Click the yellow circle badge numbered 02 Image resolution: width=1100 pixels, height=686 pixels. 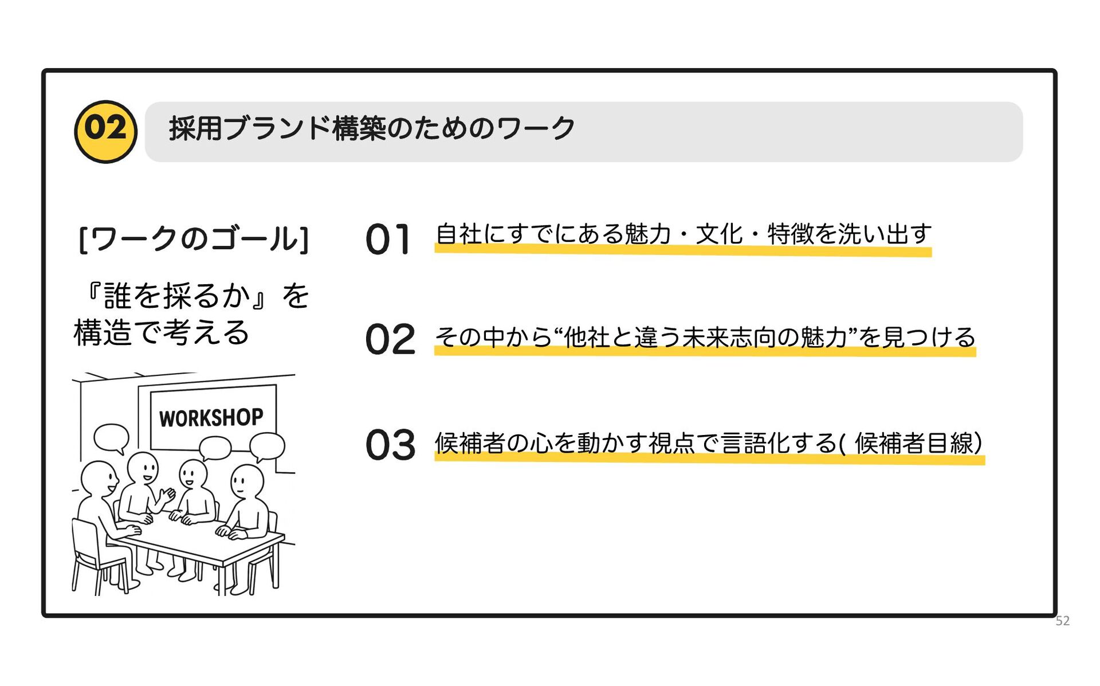pyautogui.click(x=106, y=131)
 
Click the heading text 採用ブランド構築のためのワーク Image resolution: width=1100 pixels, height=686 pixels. pyautogui.click(x=371, y=128)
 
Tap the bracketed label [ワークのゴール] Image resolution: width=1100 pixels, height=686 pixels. pyautogui.click(x=194, y=239)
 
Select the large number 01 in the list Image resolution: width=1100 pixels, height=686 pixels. pyautogui.click(x=388, y=240)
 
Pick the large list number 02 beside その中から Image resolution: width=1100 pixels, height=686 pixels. pyautogui.click(x=390, y=339)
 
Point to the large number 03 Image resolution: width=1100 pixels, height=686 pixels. pyautogui.click(x=390, y=445)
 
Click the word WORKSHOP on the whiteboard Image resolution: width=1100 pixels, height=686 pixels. pyautogui.click(x=211, y=418)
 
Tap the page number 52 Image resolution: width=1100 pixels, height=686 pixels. pyautogui.click(x=1062, y=621)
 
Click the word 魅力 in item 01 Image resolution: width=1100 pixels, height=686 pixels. pyautogui.click(x=647, y=234)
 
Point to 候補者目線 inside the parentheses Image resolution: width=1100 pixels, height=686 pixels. pyautogui.click(x=914, y=444)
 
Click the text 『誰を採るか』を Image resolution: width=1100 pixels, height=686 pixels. pyautogui.click(x=195, y=296)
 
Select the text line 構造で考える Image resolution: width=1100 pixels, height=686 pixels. pyautogui.click(x=162, y=333)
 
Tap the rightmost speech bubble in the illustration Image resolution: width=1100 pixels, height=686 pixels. pyautogui.click(x=267, y=446)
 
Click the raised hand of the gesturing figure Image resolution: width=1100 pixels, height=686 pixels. pyautogui.click(x=167, y=493)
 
